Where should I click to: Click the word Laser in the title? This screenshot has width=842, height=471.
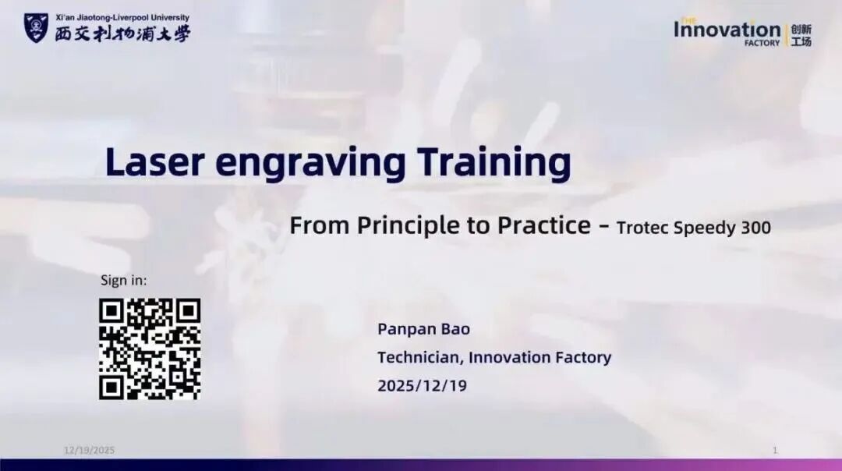click(155, 161)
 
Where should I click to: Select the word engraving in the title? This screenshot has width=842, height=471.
click(310, 164)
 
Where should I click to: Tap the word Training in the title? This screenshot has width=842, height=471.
click(494, 163)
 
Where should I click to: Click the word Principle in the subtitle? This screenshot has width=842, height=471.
click(409, 226)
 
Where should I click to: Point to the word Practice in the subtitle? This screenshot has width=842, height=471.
click(544, 225)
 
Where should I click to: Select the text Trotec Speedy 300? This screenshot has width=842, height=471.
click(693, 228)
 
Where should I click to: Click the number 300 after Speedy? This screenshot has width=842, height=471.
click(755, 227)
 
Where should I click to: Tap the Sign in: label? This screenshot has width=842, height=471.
click(123, 281)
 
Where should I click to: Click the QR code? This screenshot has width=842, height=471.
click(150, 349)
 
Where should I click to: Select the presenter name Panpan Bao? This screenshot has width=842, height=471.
click(423, 329)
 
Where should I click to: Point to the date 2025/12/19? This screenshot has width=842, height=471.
click(422, 385)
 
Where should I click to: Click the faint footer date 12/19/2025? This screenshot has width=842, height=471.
click(89, 450)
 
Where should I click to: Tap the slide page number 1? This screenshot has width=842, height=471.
click(775, 450)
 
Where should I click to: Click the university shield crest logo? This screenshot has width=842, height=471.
click(36, 28)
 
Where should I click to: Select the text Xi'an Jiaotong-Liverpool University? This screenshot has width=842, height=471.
click(122, 18)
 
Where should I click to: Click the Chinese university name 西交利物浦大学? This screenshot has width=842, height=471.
click(122, 34)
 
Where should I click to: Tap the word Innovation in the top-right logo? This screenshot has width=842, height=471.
click(727, 30)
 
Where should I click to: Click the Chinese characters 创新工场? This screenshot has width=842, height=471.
click(801, 35)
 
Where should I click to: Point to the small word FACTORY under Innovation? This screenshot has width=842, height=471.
click(762, 43)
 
